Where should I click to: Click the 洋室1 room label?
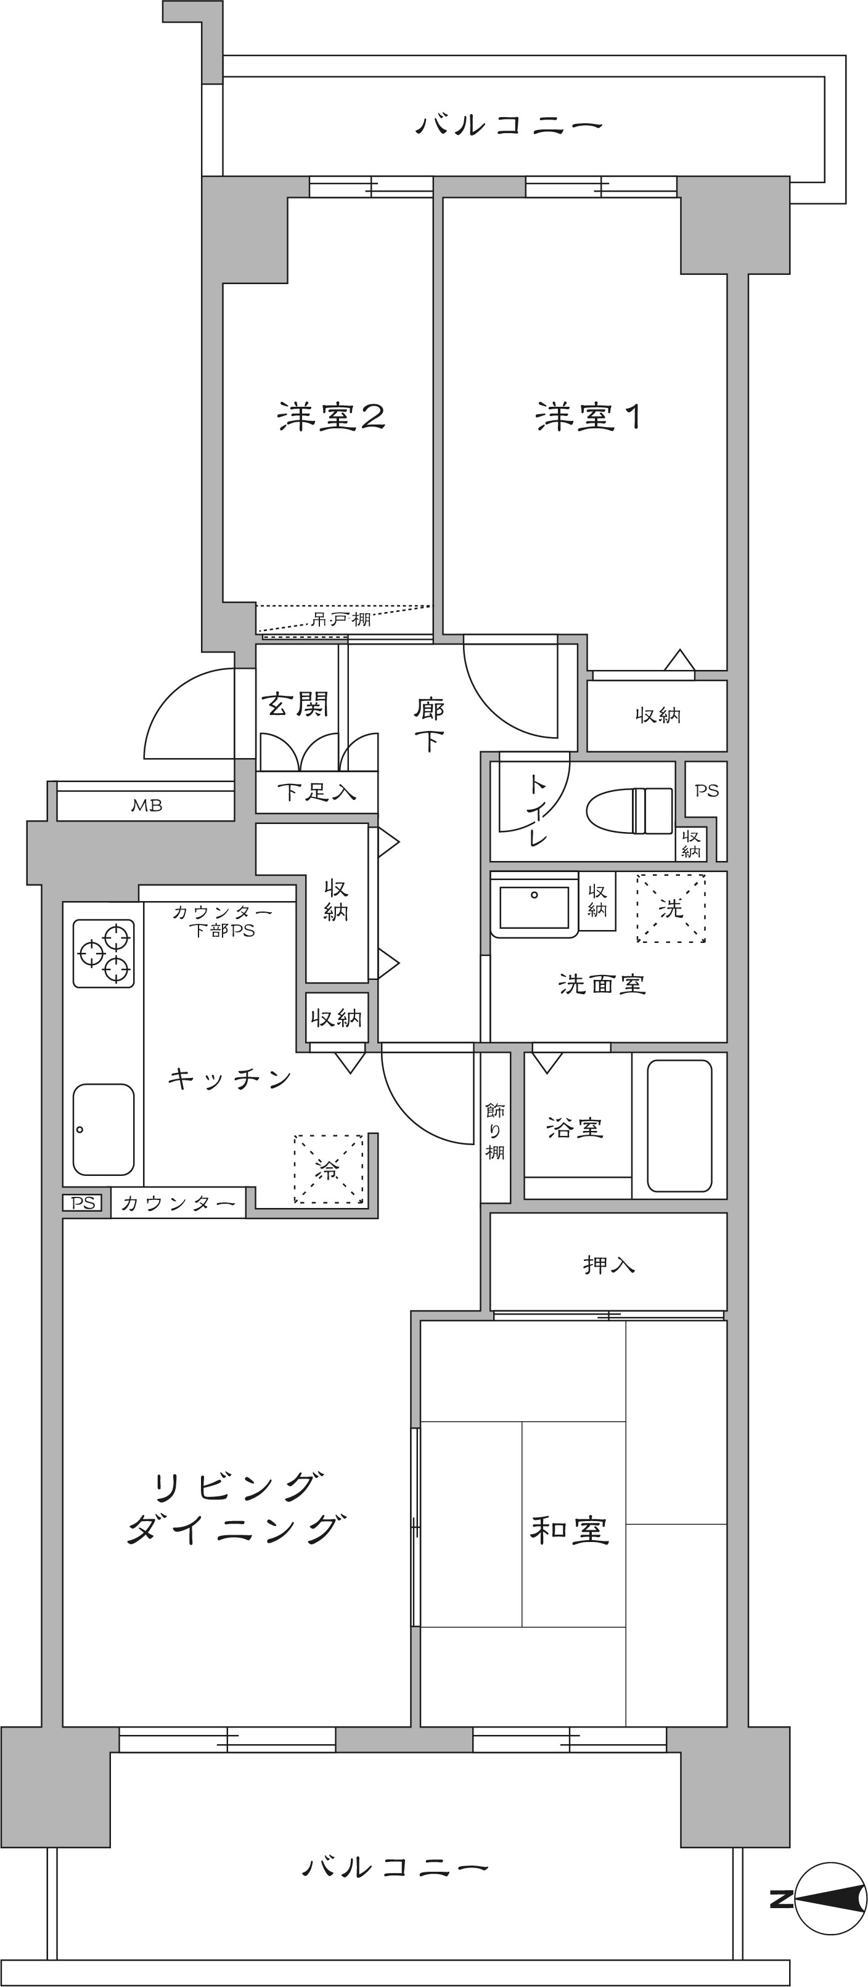click(x=588, y=417)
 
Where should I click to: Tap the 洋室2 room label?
click(x=330, y=417)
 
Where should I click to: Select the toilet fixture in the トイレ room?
click(x=629, y=810)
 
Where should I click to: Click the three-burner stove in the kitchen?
click(x=104, y=953)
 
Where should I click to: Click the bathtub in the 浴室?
click(x=679, y=1125)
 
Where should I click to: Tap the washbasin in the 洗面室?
click(x=534, y=907)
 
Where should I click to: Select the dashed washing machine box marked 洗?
click(x=671, y=908)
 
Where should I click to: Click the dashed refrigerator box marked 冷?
click(x=328, y=1169)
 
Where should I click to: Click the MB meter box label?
click(x=147, y=806)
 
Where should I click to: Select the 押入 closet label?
click(x=608, y=1265)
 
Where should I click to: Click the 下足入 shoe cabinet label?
click(x=316, y=792)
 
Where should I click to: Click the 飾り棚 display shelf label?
click(x=495, y=1131)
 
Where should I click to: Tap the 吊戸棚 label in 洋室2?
click(x=340, y=619)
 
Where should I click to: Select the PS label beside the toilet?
click(x=706, y=791)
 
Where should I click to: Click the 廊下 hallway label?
click(x=429, y=724)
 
